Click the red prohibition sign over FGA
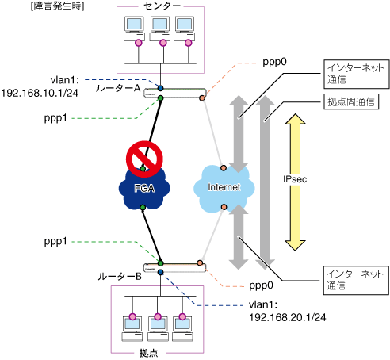click(x=144, y=159)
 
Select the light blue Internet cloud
click(x=224, y=188)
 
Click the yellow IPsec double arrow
click(x=295, y=182)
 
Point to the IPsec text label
click(x=295, y=179)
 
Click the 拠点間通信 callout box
click(x=351, y=101)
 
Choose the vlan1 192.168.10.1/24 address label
click(x=40, y=86)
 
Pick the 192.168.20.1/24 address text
click(x=288, y=317)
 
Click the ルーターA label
click(x=118, y=88)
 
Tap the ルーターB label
click(x=120, y=277)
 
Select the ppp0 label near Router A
click(x=274, y=63)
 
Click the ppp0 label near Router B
click(x=261, y=285)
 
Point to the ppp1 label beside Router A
click(x=55, y=118)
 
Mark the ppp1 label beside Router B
click(x=55, y=242)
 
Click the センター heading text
click(x=162, y=6)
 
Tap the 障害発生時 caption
click(x=57, y=6)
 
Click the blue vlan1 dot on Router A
click(x=160, y=88)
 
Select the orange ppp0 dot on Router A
click(x=202, y=98)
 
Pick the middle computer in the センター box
click(x=160, y=29)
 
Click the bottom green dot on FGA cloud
click(x=143, y=208)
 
